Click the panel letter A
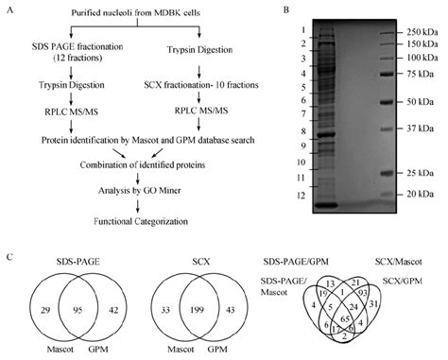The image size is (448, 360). click(x=8, y=12)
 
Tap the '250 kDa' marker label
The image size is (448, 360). click(x=419, y=30)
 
